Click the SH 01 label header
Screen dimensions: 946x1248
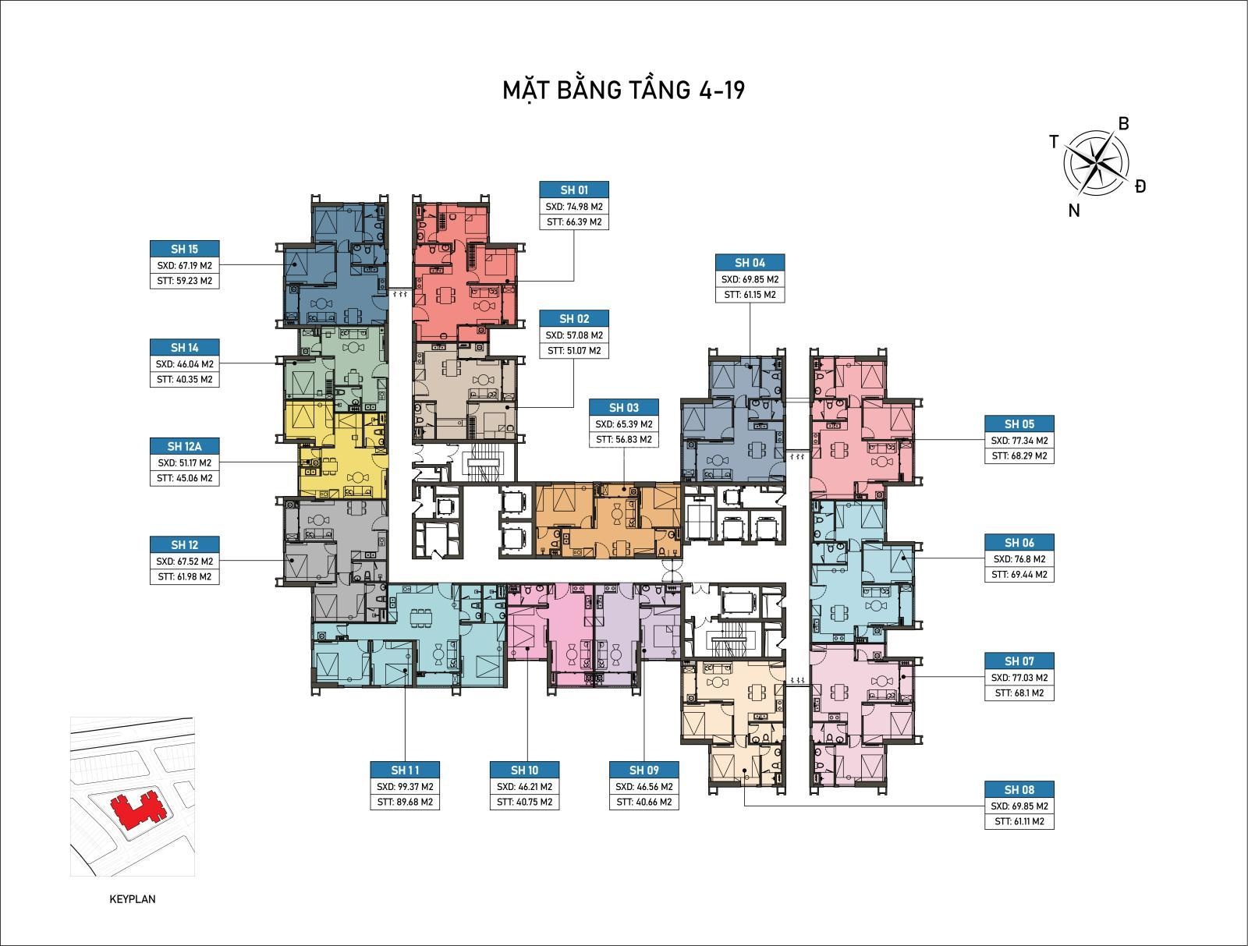(573, 190)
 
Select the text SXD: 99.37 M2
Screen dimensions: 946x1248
(405, 787)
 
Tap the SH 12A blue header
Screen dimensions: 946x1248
(184, 446)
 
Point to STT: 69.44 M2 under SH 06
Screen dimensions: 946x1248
(1019, 574)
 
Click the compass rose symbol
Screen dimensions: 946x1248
(1095, 163)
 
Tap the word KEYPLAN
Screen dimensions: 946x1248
(133, 899)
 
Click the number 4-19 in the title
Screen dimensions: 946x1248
(716, 90)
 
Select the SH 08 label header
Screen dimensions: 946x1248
(1019, 789)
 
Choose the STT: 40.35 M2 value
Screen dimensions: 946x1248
(184, 379)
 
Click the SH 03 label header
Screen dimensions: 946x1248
(623, 408)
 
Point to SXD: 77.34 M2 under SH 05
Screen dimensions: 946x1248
(1019, 441)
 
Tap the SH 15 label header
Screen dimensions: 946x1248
(184, 250)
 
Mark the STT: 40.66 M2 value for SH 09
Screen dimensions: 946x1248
(643, 802)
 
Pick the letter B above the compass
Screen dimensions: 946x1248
(1123, 124)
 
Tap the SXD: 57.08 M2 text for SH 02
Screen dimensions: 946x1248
(574, 335)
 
